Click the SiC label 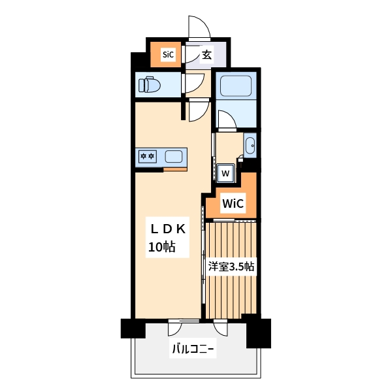click(x=168, y=54)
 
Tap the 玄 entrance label click(x=206, y=54)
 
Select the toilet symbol click(x=149, y=84)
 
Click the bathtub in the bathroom click(x=236, y=86)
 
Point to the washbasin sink click(x=250, y=146)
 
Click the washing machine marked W click(x=226, y=173)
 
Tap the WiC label click(x=233, y=203)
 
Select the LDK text click(x=168, y=229)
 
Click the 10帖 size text click(x=162, y=247)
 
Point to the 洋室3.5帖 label click(x=231, y=267)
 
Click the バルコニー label click(x=193, y=349)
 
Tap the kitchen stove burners click(x=148, y=157)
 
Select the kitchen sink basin click(x=174, y=157)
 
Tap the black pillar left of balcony click(x=133, y=328)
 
